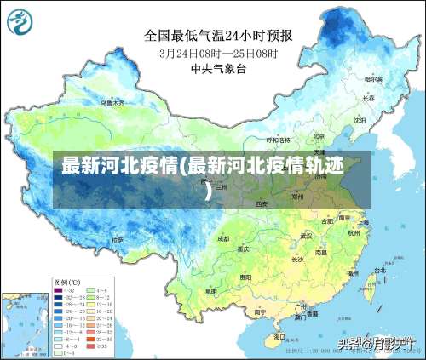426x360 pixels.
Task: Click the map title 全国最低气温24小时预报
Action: pyautogui.click(x=218, y=36)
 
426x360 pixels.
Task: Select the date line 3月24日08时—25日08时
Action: pyautogui.click(x=218, y=53)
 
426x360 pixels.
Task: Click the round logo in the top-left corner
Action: pyautogui.click(x=23, y=24)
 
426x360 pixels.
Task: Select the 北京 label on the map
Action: pyautogui.click(x=318, y=135)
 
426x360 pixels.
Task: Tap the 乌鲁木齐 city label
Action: pyautogui.click(x=112, y=102)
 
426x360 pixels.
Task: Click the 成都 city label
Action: pyautogui.click(x=223, y=239)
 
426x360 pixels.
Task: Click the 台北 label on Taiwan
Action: pyautogui.click(x=372, y=271)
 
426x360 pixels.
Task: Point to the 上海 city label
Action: pyautogui.click(x=363, y=222)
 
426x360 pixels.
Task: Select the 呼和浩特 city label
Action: pyautogui.click(x=278, y=139)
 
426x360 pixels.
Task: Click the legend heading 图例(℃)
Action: pyautogui.click(x=66, y=282)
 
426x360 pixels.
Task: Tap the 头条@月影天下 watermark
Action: pyautogui.click(x=372, y=344)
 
